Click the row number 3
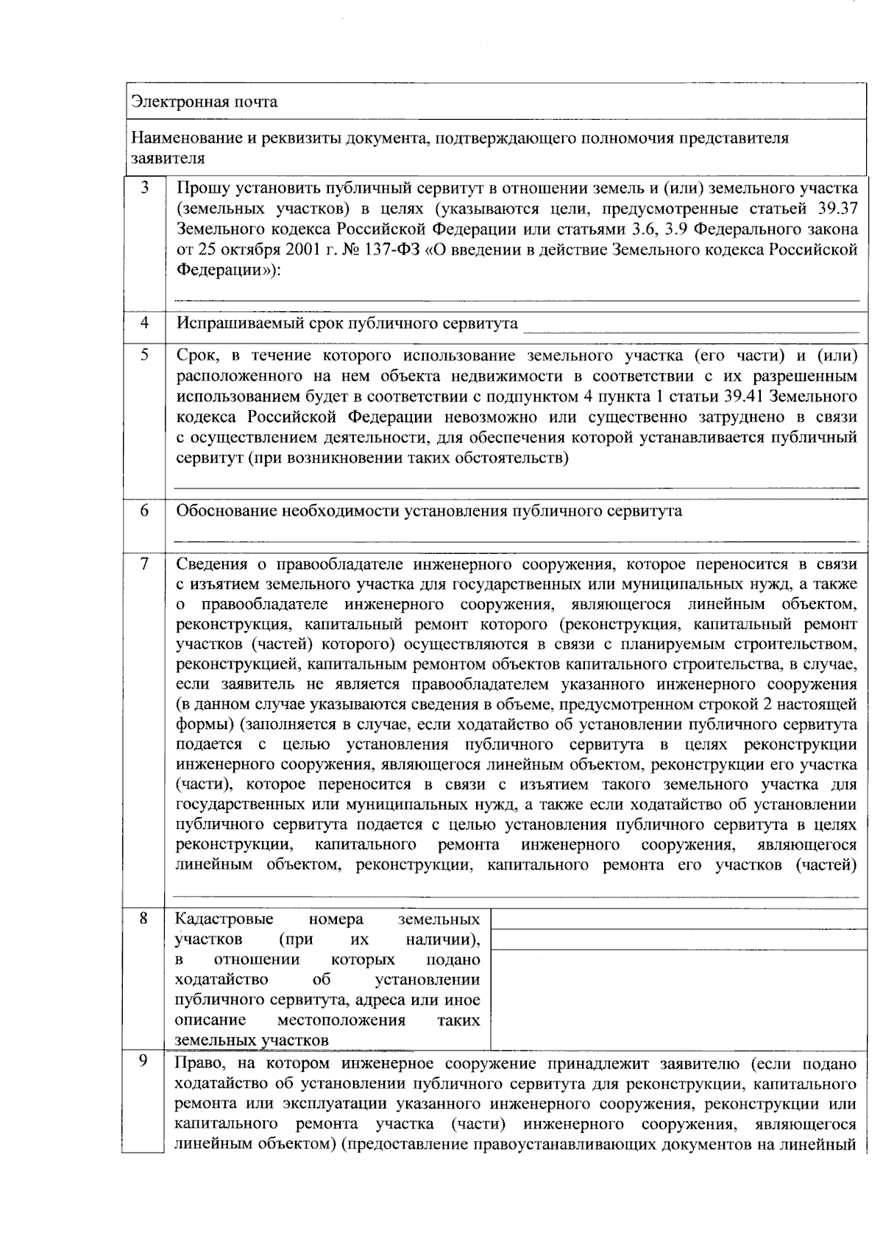point(145,188)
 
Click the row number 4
point(145,323)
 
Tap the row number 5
point(145,355)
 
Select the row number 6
point(145,511)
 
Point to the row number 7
point(145,564)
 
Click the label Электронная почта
point(204,102)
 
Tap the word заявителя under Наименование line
point(167,158)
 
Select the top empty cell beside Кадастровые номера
point(678,920)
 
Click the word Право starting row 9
point(196,1064)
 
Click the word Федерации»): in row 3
point(229,270)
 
